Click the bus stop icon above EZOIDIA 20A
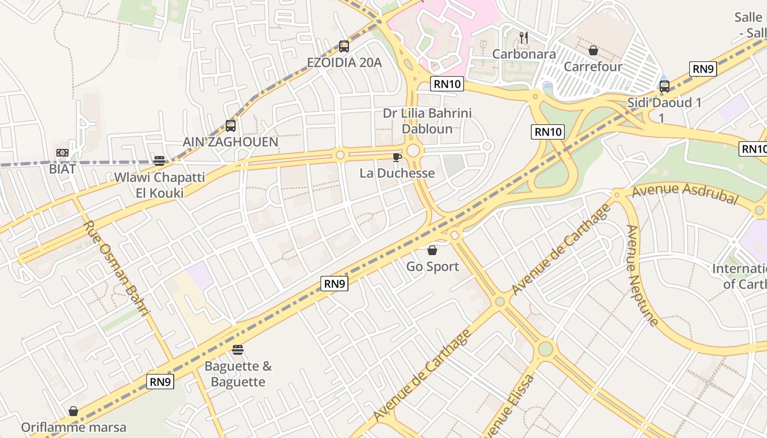click(x=344, y=47)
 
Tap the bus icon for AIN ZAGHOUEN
click(x=231, y=126)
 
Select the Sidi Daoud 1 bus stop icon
click(x=665, y=87)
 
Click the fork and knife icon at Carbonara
click(x=524, y=38)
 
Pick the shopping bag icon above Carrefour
click(x=593, y=51)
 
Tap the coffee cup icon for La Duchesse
click(x=397, y=158)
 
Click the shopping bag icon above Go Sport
click(x=432, y=251)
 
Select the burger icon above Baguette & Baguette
click(x=238, y=350)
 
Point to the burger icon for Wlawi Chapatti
click(x=159, y=161)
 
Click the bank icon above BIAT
click(x=62, y=153)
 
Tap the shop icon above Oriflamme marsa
click(x=73, y=411)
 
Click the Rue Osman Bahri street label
click(x=116, y=269)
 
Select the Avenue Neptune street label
click(x=642, y=275)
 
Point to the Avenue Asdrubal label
click(x=684, y=194)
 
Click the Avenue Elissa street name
click(x=507, y=408)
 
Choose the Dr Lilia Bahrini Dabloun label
click(x=427, y=121)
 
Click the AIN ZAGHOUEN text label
click(x=231, y=142)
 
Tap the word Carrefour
click(x=593, y=67)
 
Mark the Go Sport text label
click(x=432, y=267)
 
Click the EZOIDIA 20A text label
click(x=344, y=62)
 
